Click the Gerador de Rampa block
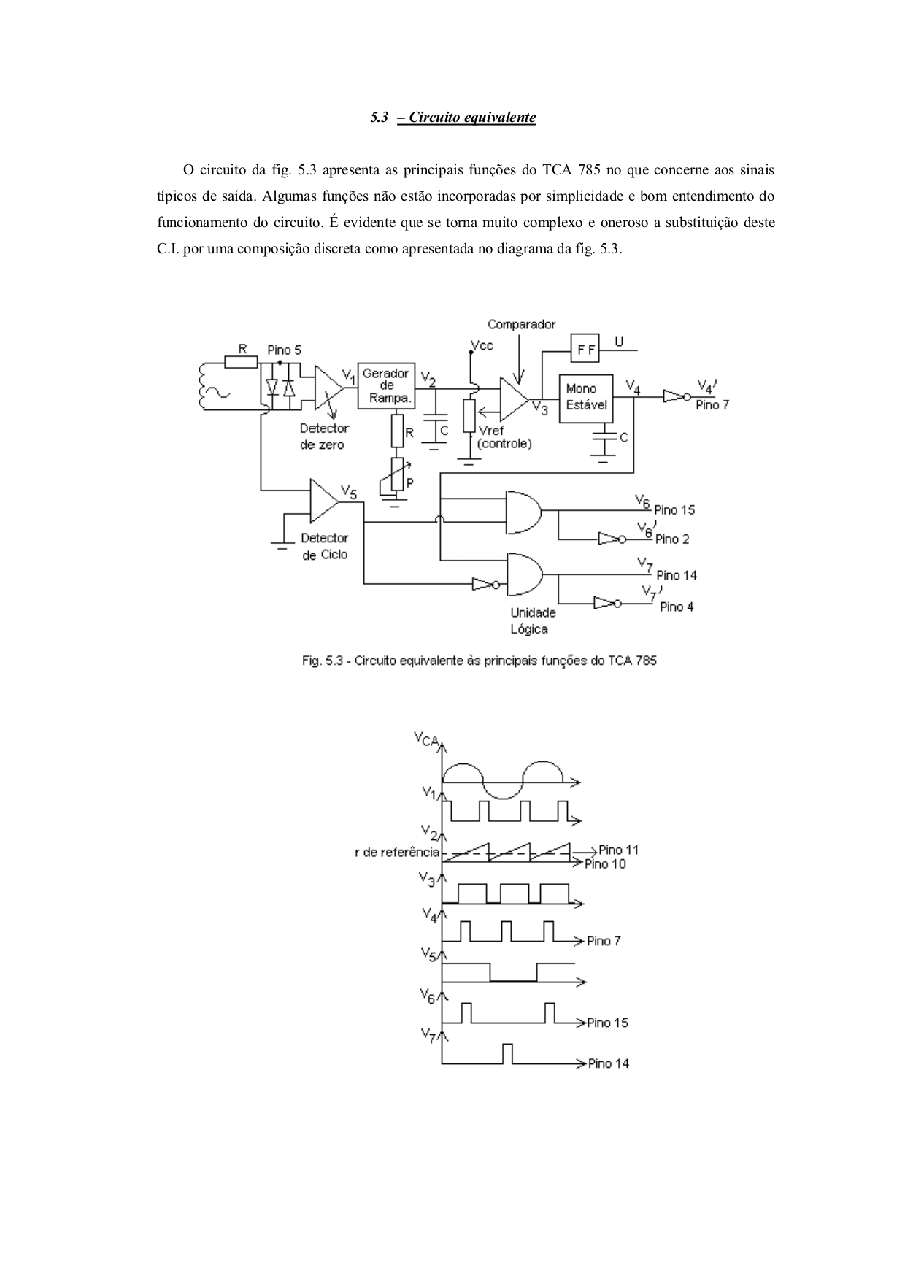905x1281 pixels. (x=386, y=385)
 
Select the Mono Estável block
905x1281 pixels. (x=586, y=398)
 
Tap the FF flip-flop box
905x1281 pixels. (x=585, y=350)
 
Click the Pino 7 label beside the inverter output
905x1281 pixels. (x=712, y=405)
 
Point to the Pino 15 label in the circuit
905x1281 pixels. (x=674, y=510)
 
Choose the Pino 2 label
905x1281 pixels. (x=672, y=539)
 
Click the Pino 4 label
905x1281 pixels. (x=677, y=607)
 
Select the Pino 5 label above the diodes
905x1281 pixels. (x=284, y=350)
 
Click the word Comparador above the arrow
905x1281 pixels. (x=521, y=325)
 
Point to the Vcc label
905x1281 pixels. (x=482, y=345)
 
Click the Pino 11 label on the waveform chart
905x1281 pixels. (x=618, y=850)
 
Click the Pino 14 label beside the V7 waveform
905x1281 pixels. (x=609, y=1063)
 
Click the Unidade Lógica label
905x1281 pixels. (x=533, y=620)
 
